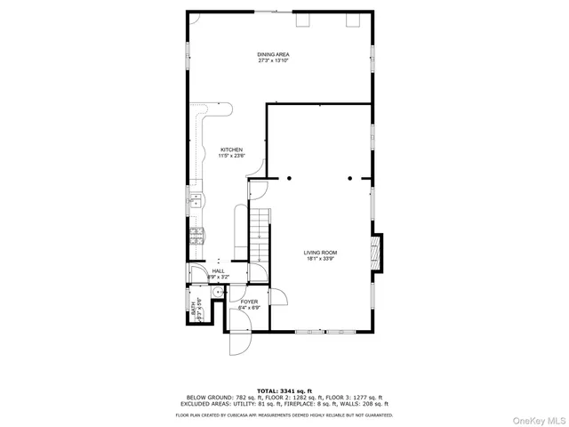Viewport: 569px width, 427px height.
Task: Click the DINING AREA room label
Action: pyautogui.click(x=274, y=54)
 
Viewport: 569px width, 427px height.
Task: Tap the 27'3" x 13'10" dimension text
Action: pyautogui.click(x=274, y=61)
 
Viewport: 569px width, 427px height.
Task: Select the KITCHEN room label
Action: pyautogui.click(x=232, y=149)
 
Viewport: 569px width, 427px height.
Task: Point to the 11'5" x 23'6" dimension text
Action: pyautogui.click(x=232, y=157)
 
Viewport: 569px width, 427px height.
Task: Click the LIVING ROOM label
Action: pyautogui.click(x=321, y=252)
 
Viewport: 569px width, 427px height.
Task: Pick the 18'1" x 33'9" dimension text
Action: pyautogui.click(x=321, y=259)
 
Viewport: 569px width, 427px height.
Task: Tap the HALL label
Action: pyautogui.click(x=218, y=270)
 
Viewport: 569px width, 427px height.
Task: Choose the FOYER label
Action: pyautogui.click(x=249, y=302)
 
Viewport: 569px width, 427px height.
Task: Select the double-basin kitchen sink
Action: pyautogui.click(x=195, y=199)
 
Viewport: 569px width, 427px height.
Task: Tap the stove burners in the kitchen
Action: pyautogui.click(x=196, y=236)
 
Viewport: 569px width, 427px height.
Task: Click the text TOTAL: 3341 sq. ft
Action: pyautogui.click(x=284, y=391)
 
